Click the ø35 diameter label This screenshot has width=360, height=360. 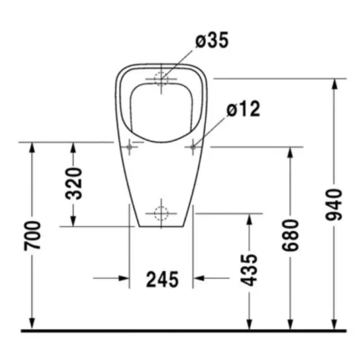point(212,40)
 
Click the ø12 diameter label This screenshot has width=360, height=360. point(244,109)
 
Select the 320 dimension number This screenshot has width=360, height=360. point(75,183)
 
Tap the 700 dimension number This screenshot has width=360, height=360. point(33,235)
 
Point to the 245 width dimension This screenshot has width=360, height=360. point(162,279)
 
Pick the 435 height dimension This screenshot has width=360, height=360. point(249,270)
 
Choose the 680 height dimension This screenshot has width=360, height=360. point(291,235)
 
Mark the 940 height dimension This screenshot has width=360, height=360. point(334,204)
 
